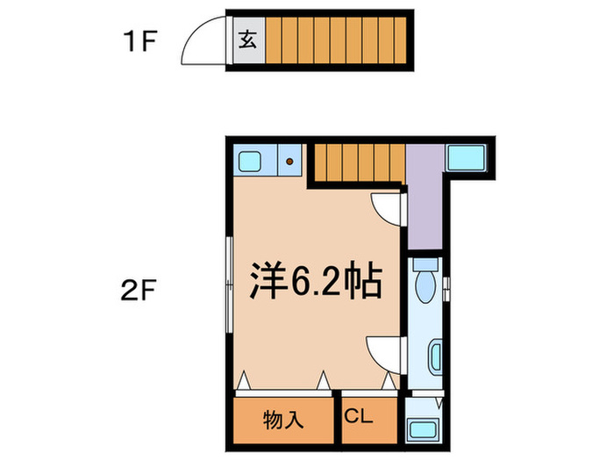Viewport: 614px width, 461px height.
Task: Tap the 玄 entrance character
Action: pyautogui.click(x=246, y=40)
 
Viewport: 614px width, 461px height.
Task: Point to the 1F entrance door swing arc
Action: pyautogui.click(x=203, y=44)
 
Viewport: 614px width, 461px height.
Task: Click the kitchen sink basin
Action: pyautogui.click(x=250, y=161)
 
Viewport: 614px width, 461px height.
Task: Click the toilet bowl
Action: pyautogui.click(x=427, y=284)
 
